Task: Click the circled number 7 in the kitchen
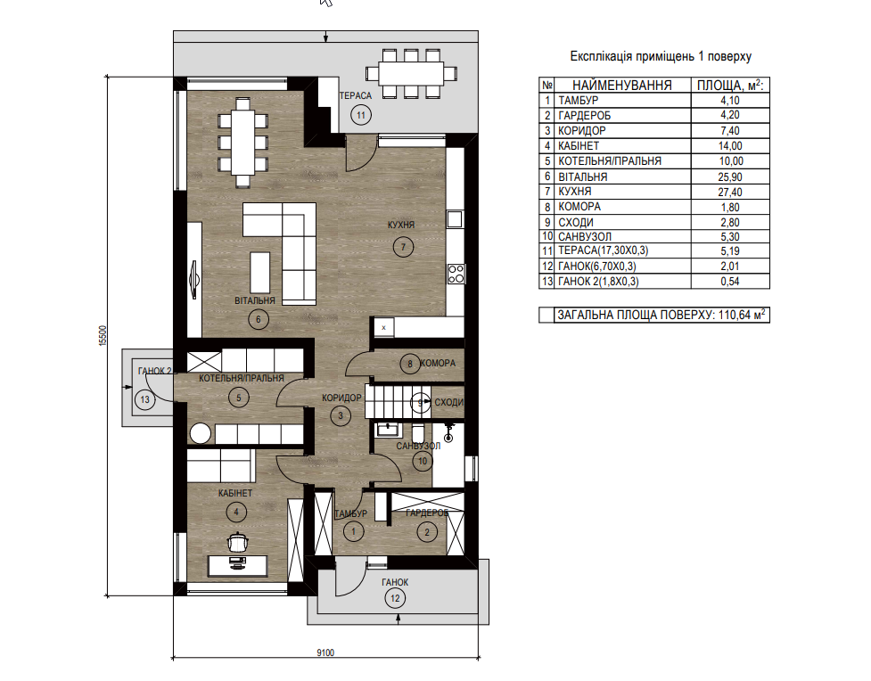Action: (403, 247)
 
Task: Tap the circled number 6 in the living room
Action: (259, 319)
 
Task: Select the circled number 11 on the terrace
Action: (361, 115)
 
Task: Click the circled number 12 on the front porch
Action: (395, 598)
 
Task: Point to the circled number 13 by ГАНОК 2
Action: (145, 399)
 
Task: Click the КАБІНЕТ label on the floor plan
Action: (235, 493)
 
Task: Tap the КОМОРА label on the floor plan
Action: (438, 364)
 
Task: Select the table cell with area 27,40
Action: (730, 193)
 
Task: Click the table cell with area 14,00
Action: (730, 146)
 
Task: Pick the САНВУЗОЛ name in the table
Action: (584, 237)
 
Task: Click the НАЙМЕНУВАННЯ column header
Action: (622, 85)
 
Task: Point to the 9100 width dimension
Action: (325, 652)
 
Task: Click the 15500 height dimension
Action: (103, 336)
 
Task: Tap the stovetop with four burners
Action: (456, 274)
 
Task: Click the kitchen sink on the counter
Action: (455, 219)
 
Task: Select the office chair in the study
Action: (238, 542)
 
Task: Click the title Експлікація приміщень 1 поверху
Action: (661, 56)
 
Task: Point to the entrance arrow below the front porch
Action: (399, 619)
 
